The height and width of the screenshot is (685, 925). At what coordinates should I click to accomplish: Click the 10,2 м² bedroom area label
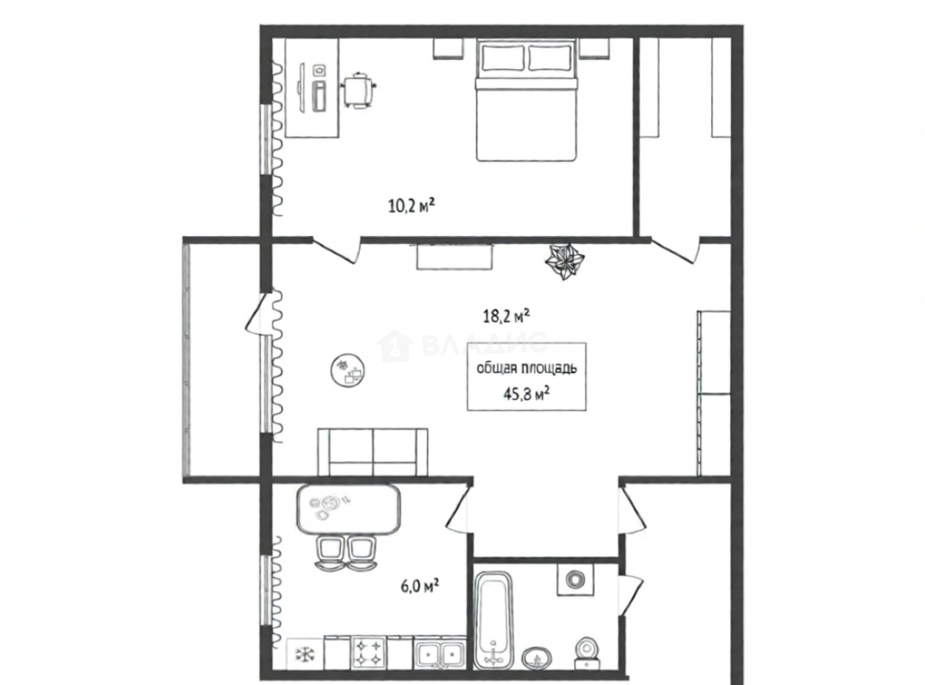point(412,206)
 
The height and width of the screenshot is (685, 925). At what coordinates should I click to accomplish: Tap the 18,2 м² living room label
point(506,316)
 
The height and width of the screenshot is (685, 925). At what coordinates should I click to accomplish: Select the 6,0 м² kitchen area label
point(420,586)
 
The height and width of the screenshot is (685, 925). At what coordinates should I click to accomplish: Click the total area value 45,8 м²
point(526,394)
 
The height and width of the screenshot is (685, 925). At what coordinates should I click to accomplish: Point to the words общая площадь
point(527,369)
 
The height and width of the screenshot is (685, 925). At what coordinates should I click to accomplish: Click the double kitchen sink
point(440,664)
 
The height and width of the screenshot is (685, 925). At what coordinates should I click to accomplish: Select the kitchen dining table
point(348,509)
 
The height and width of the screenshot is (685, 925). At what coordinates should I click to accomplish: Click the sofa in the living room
point(373,452)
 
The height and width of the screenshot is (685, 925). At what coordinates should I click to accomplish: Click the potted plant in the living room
point(565,262)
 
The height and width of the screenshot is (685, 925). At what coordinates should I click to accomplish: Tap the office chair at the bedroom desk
point(358,90)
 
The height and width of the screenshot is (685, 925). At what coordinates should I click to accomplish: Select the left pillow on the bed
point(503,58)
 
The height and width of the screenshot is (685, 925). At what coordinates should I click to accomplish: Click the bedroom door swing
point(336,250)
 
